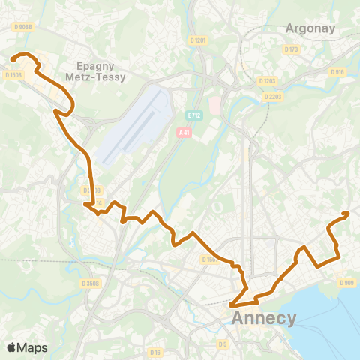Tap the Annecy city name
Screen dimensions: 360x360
(x=265, y=318)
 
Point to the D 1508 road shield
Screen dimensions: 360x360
(x=13, y=75)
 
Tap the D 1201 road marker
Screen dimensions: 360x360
(x=199, y=40)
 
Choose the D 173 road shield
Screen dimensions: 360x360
(x=291, y=49)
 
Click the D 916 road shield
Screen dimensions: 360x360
(x=337, y=72)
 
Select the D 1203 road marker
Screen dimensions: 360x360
(x=267, y=80)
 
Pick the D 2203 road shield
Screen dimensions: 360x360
(x=271, y=97)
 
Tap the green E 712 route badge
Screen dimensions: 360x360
(x=195, y=115)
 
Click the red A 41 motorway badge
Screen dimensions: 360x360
(x=184, y=132)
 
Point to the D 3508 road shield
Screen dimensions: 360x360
(x=90, y=283)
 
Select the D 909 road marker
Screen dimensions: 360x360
(x=346, y=282)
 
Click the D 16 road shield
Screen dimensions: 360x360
(x=155, y=352)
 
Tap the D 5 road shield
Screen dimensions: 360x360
(x=222, y=343)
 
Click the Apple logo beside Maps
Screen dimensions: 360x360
(x=12, y=347)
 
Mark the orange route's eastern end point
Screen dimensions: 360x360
(x=346, y=214)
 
